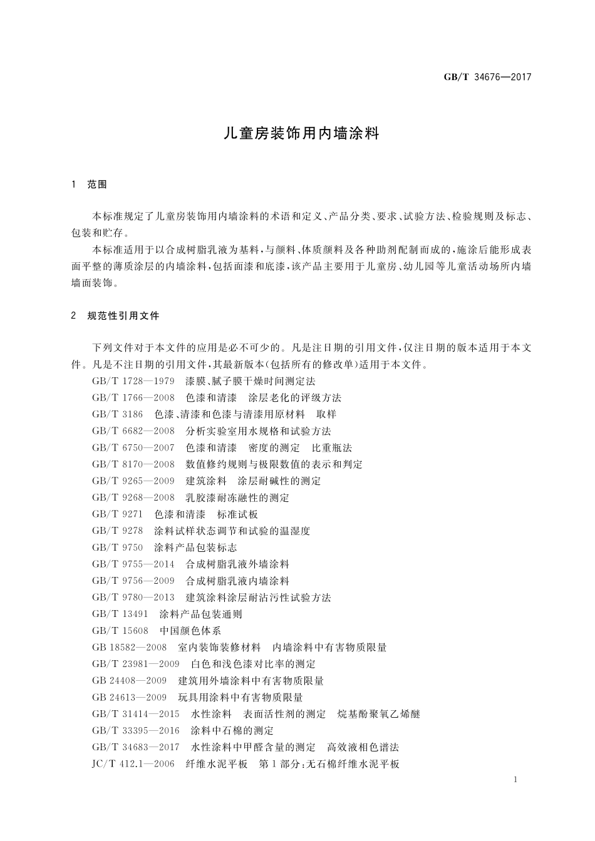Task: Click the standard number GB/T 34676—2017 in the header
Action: [x=487, y=77]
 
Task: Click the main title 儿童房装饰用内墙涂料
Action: [x=302, y=134]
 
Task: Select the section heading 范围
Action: [x=97, y=185]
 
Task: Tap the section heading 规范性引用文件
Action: [x=123, y=316]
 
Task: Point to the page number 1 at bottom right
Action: [x=514, y=780]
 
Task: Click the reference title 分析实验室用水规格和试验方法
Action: [x=258, y=431]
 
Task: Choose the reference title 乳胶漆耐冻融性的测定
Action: [x=237, y=498]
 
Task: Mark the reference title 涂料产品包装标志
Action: [x=195, y=548]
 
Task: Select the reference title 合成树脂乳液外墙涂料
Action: [x=237, y=564]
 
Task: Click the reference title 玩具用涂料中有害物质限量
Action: [x=241, y=698]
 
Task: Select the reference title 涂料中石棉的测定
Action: [x=232, y=731]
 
